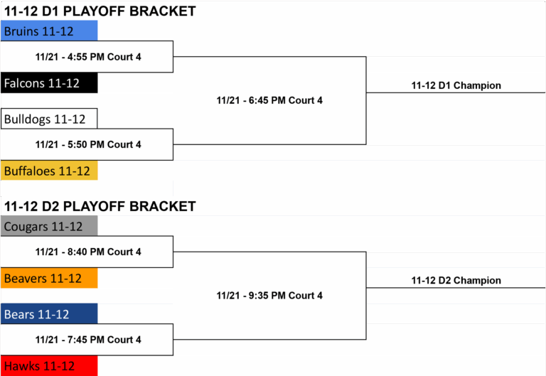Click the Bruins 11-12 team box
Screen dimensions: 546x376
pyautogui.click(x=49, y=31)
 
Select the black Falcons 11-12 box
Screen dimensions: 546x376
pyautogui.click(x=49, y=83)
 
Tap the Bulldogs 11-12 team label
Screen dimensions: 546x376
pyautogui.click(x=49, y=119)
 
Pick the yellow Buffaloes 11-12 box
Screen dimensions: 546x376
pyautogui.click(x=49, y=171)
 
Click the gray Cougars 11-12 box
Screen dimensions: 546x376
pyautogui.click(x=49, y=226)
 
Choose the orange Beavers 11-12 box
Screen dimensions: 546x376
pyautogui.click(x=49, y=278)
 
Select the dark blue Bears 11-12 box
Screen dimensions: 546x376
pyautogui.click(x=49, y=313)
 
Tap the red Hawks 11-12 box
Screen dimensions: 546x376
pyautogui.click(x=49, y=365)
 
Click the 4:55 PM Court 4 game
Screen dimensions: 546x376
pyautogui.click(x=88, y=57)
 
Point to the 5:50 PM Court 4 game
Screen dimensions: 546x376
pyautogui.click(x=88, y=144)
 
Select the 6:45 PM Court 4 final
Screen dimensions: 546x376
pyautogui.click(x=269, y=100)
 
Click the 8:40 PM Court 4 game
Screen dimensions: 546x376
pyautogui.click(x=88, y=252)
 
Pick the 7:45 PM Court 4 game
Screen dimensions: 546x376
pyautogui.click(x=88, y=340)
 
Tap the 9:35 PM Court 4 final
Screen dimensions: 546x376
pyautogui.click(x=269, y=296)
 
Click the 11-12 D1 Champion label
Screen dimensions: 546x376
pyautogui.click(x=456, y=85)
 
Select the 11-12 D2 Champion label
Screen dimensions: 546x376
pyautogui.click(x=456, y=280)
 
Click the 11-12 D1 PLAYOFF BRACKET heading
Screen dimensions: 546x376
pyautogui.click(x=100, y=11)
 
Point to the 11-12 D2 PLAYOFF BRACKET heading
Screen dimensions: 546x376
pyautogui.click(x=100, y=206)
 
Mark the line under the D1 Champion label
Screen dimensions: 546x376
pyautogui.click(x=456, y=92)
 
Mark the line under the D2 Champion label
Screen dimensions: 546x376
pyautogui.click(x=456, y=288)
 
